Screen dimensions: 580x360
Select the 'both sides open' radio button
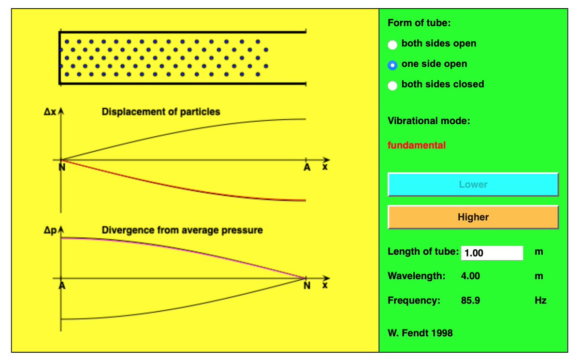coord(393,44)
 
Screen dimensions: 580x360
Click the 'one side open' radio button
coord(393,65)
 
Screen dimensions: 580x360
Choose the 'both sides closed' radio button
coord(393,85)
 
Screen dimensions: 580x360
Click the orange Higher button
coord(473,217)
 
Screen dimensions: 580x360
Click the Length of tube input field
coord(492,253)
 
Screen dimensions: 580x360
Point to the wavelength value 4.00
coord(470,276)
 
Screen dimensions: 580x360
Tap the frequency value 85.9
coord(470,300)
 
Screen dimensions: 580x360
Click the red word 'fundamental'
coord(417,145)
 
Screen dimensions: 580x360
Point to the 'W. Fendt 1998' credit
coord(420,332)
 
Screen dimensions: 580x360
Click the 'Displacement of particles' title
coord(160,112)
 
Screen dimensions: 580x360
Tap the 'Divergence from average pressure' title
coord(182,230)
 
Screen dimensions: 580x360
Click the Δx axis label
coord(50,113)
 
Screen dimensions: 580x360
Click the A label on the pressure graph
coord(62,286)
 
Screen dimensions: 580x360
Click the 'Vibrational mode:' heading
coord(429,121)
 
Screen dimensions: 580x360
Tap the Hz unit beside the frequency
coord(540,300)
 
